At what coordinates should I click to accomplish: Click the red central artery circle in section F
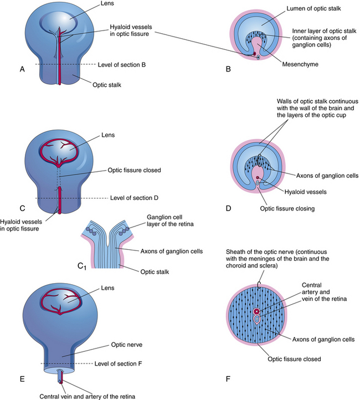coord(256,311)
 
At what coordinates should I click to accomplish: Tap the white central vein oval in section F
coord(256,320)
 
